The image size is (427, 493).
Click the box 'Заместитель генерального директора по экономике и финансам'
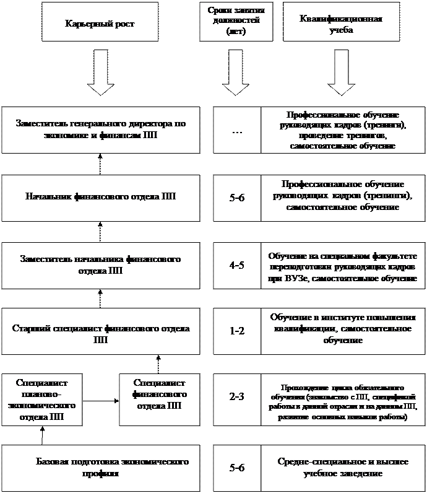point(101,129)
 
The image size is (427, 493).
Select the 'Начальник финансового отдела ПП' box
point(101,198)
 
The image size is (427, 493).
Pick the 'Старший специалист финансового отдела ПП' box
point(101,332)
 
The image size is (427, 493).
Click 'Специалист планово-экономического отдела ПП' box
point(41,400)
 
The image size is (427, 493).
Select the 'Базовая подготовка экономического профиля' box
point(101,468)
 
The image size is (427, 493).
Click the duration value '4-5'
point(236,264)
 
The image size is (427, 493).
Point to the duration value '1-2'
point(236,331)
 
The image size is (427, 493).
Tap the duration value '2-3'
point(236,399)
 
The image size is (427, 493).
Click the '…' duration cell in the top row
point(236,130)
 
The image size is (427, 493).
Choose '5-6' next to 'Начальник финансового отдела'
point(236,198)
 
